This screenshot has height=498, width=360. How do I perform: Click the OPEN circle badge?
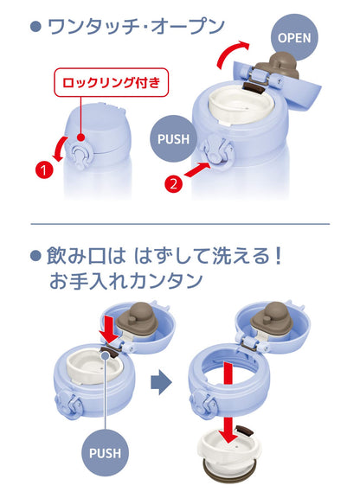[x=294, y=37]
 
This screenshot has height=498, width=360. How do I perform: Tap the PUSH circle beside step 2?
[x=174, y=139]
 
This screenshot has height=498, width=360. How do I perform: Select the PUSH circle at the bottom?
[x=105, y=452]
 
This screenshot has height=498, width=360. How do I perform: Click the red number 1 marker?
[x=44, y=169]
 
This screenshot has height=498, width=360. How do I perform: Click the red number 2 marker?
[x=174, y=183]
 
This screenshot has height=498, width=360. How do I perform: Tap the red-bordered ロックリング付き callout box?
[x=111, y=82]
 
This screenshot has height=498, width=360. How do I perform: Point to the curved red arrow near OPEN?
[x=230, y=54]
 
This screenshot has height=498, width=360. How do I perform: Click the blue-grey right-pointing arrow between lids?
[x=161, y=382]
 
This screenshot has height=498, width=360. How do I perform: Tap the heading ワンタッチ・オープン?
[x=136, y=27]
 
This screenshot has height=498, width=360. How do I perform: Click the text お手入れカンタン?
[x=126, y=280]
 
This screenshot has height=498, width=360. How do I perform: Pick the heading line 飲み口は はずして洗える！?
[x=164, y=256]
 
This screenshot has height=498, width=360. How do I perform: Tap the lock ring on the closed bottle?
[x=78, y=154]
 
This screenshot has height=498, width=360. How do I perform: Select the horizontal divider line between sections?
[x=180, y=224]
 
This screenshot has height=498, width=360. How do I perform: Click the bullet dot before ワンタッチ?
[x=36, y=27]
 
